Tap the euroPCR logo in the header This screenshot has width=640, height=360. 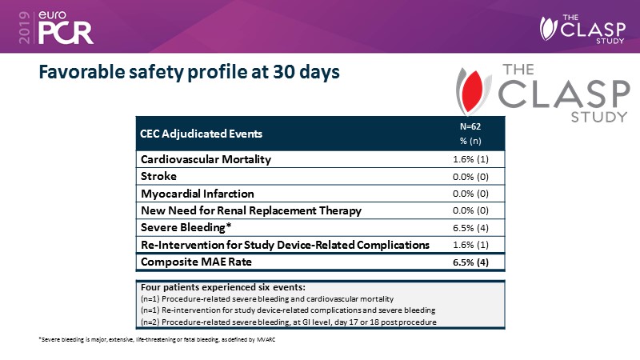(x=60, y=26)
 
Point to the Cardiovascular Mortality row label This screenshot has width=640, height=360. (x=206, y=159)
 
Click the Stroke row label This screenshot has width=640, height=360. (x=158, y=176)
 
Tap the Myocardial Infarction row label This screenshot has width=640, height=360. (x=198, y=194)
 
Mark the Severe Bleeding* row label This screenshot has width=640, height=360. (x=181, y=227)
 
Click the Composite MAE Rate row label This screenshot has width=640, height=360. (x=190, y=262)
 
